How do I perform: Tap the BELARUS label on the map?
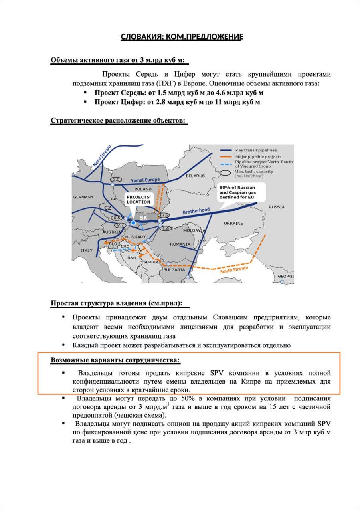click(195, 176)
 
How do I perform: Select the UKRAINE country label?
click(233, 224)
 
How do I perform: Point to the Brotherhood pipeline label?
click(196, 211)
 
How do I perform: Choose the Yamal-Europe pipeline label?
click(145, 180)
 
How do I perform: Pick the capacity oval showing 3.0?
click(116, 180)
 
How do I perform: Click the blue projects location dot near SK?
click(133, 222)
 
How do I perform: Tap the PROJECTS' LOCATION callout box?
click(138, 200)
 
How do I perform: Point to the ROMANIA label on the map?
click(180, 244)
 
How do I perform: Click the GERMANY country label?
click(83, 197)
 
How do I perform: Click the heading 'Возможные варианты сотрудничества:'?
click(115, 360)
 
